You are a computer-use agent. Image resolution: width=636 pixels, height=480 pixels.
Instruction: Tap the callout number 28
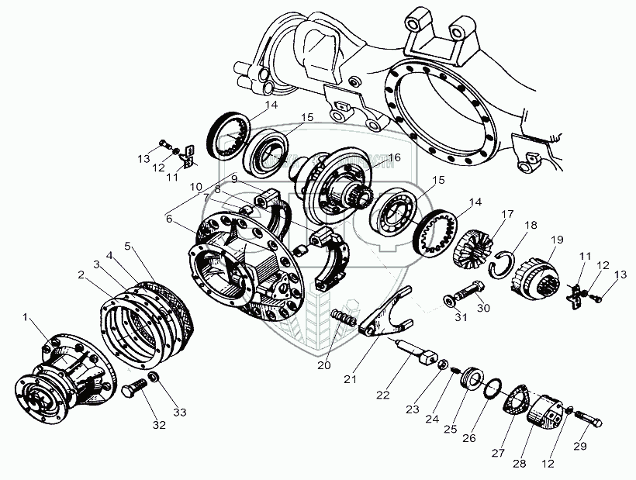517,464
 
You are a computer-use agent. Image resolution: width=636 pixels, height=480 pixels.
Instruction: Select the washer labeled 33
154,378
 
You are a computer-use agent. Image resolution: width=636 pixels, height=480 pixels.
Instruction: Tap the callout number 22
382,396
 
